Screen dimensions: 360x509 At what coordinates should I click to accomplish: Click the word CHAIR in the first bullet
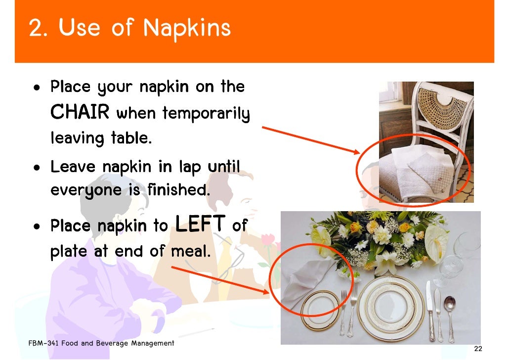point(80,113)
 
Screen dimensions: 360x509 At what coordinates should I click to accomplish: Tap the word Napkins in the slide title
point(187,28)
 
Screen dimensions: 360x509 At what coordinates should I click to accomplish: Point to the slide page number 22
point(477,349)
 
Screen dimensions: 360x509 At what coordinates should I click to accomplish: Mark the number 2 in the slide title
point(36,29)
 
